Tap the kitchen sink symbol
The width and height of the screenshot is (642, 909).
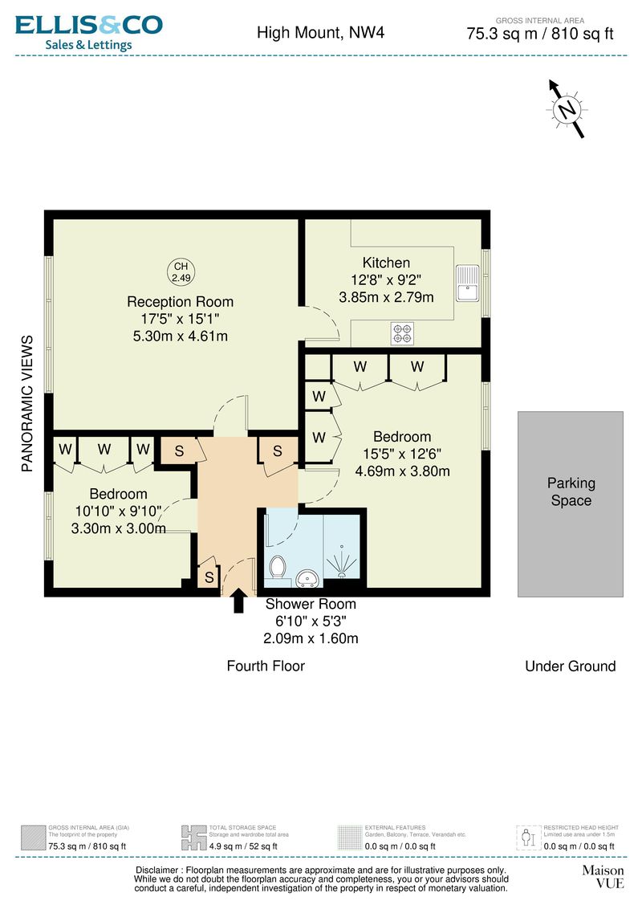pyautogui.click(x=467, y=283)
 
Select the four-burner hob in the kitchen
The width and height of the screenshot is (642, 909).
pyautogui.click(x=402, y=333)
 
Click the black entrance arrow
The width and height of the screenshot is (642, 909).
pyautogui.click(x=238, y=601)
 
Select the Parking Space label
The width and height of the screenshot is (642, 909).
pyautogui.click(x=571, y=491)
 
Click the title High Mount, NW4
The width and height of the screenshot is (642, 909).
pyautogui.click(x=310, y=33)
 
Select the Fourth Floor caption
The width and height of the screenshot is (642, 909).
pyautogui.click(x=266, y=666)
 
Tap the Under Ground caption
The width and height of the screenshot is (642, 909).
pyautogui.click(x=570, y=666)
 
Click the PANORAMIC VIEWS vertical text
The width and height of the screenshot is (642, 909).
pyautogui.click(x=27, y=402)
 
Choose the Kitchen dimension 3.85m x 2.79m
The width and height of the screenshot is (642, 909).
pyautogui.click(x=386, y=297)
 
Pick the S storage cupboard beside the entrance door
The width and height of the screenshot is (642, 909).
pyautogui.click(x=209, y=577)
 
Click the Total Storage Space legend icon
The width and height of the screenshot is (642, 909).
pyautogui.click(x=193, y=837)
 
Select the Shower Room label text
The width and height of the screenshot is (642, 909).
pyautogui.click(x=311, y=604)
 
